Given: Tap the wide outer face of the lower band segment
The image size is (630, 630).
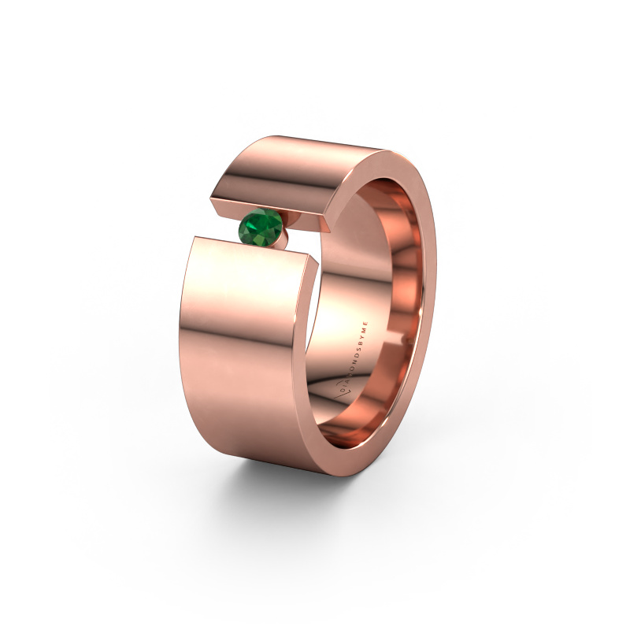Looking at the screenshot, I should click(244, 346).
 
